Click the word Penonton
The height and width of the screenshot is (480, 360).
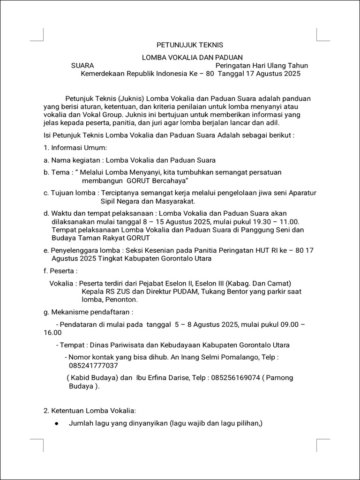point(121,300)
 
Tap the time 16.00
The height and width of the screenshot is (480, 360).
point(52,333)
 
